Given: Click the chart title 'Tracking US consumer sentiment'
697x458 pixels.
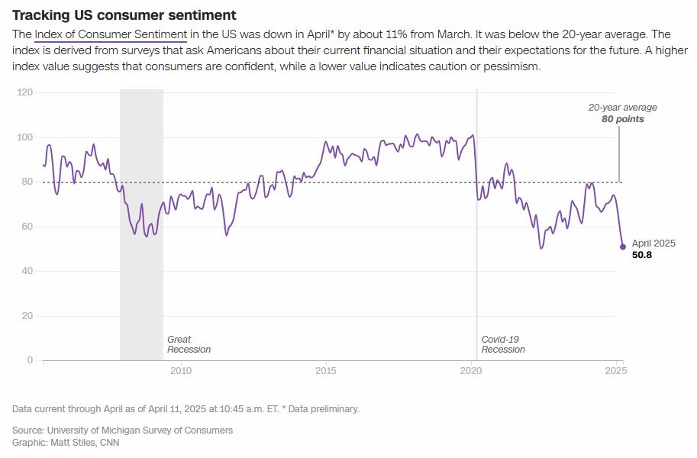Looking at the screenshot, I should (x=124, y=15).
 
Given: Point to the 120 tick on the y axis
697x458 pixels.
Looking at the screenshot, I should (x=26, y=92).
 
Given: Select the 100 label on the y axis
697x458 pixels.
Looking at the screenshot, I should (x=26, y=137).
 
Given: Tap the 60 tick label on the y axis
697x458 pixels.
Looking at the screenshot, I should (x=28, y=227).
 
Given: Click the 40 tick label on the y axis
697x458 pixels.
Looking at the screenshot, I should (x=28, y=271).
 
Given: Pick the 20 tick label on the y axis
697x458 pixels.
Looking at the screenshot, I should (x=28, y=316).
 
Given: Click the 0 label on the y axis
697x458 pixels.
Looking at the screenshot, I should (x=31, y=360).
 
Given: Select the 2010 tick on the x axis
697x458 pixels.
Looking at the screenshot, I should (x=180, y=371).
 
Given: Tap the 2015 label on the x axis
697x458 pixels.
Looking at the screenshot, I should (x=326, y=371).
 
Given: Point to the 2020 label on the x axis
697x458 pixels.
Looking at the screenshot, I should (x=471, y=371).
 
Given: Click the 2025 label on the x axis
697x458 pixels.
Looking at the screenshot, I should (x=616, y=371).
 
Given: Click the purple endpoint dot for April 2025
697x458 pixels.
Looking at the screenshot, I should (x=622, y=247).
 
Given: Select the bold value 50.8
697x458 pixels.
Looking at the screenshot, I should (x=642, y=255).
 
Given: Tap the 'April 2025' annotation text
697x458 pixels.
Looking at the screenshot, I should (x=653, y=244).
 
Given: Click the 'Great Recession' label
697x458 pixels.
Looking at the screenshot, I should (x=189, y=344).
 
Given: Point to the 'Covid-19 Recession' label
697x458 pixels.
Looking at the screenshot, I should (x=503, y=344).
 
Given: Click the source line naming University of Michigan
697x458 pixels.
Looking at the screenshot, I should (x=122, y=430).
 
